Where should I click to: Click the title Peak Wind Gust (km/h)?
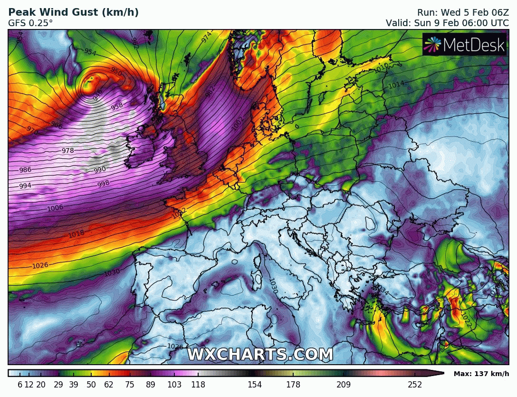(74, 12)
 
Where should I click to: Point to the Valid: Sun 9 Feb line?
(446, 22)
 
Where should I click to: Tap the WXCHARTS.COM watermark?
(260, 354)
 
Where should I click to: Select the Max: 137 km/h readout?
(481, 374)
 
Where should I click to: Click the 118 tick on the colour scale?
(199, 385)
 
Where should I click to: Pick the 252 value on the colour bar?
(415, 385)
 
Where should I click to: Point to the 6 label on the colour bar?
(20, 385)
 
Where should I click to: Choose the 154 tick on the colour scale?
(255, 385)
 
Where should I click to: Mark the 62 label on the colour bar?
(109, 385)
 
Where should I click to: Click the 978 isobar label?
(68, 151)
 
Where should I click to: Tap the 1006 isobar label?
(56, 208)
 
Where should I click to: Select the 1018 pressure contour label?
(76, 233)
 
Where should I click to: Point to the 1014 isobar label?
(396, 85)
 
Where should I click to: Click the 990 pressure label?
(100, 170)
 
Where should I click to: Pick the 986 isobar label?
(25, 170)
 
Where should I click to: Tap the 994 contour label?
(25, 186)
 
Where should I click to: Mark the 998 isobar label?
(103, 184)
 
